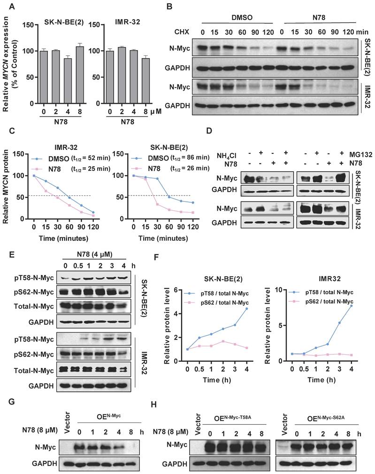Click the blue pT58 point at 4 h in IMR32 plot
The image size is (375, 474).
364,306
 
